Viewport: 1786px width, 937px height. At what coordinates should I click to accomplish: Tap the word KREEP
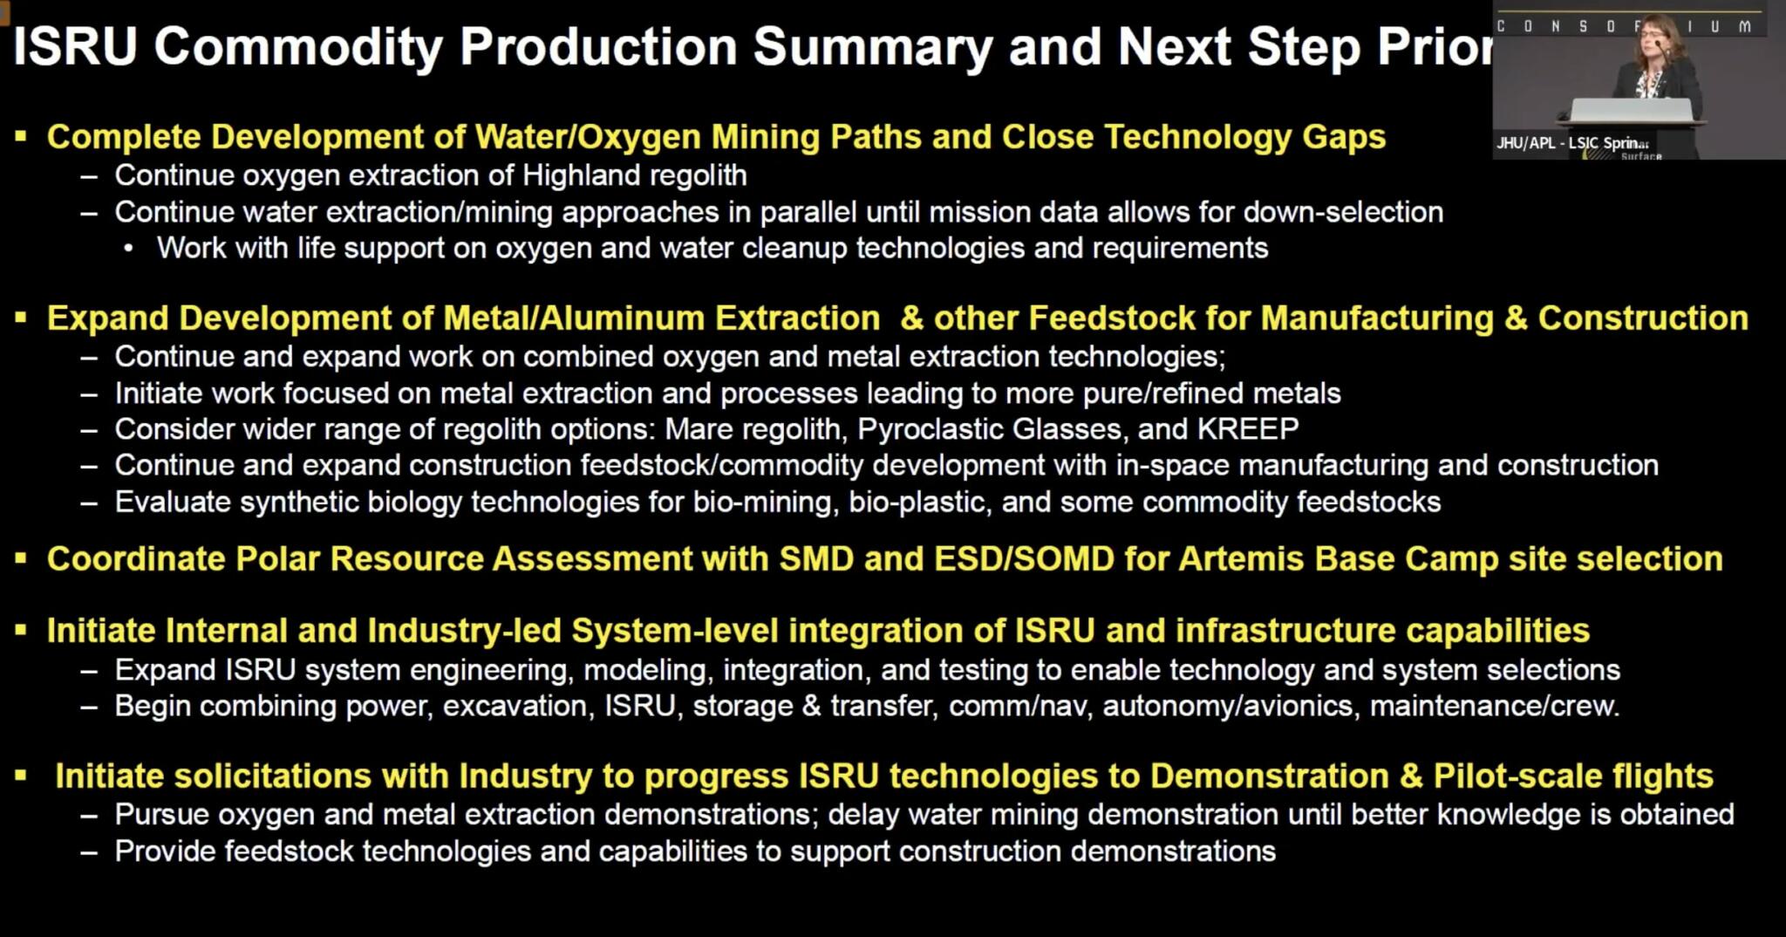pos(1248,429)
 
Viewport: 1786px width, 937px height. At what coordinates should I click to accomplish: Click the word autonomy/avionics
pos(1227,706)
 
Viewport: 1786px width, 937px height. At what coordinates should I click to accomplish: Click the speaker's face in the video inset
pos(1653,43)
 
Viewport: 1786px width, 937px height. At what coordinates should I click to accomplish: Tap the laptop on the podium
pos(1631,109)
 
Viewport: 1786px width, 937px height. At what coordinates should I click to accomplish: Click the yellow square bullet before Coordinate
pos(21,558)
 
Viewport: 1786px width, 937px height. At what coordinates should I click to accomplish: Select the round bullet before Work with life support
pos(129,250)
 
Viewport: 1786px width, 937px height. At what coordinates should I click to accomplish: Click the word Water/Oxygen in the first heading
pos(588,137)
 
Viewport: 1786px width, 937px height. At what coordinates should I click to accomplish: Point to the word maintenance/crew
pos(1495,706)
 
